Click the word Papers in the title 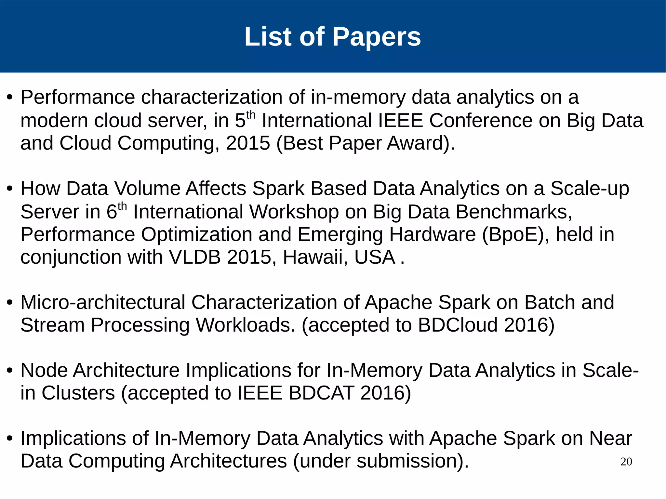point(376,37)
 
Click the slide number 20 point(626,462)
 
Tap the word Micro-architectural point(103,302)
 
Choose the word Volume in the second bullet point(147,189)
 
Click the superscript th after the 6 point(122,206)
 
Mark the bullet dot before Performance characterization point(10,98)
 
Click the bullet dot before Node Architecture point(10,371)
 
